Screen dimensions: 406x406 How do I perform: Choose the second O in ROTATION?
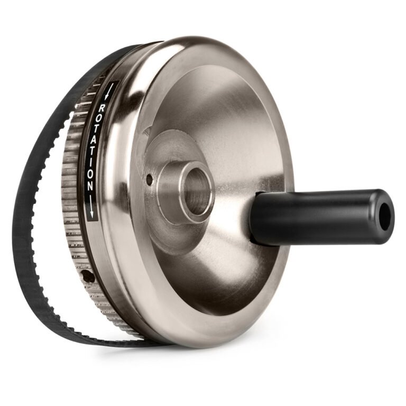pos(91,171)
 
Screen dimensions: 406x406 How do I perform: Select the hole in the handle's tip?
pos(385,216)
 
